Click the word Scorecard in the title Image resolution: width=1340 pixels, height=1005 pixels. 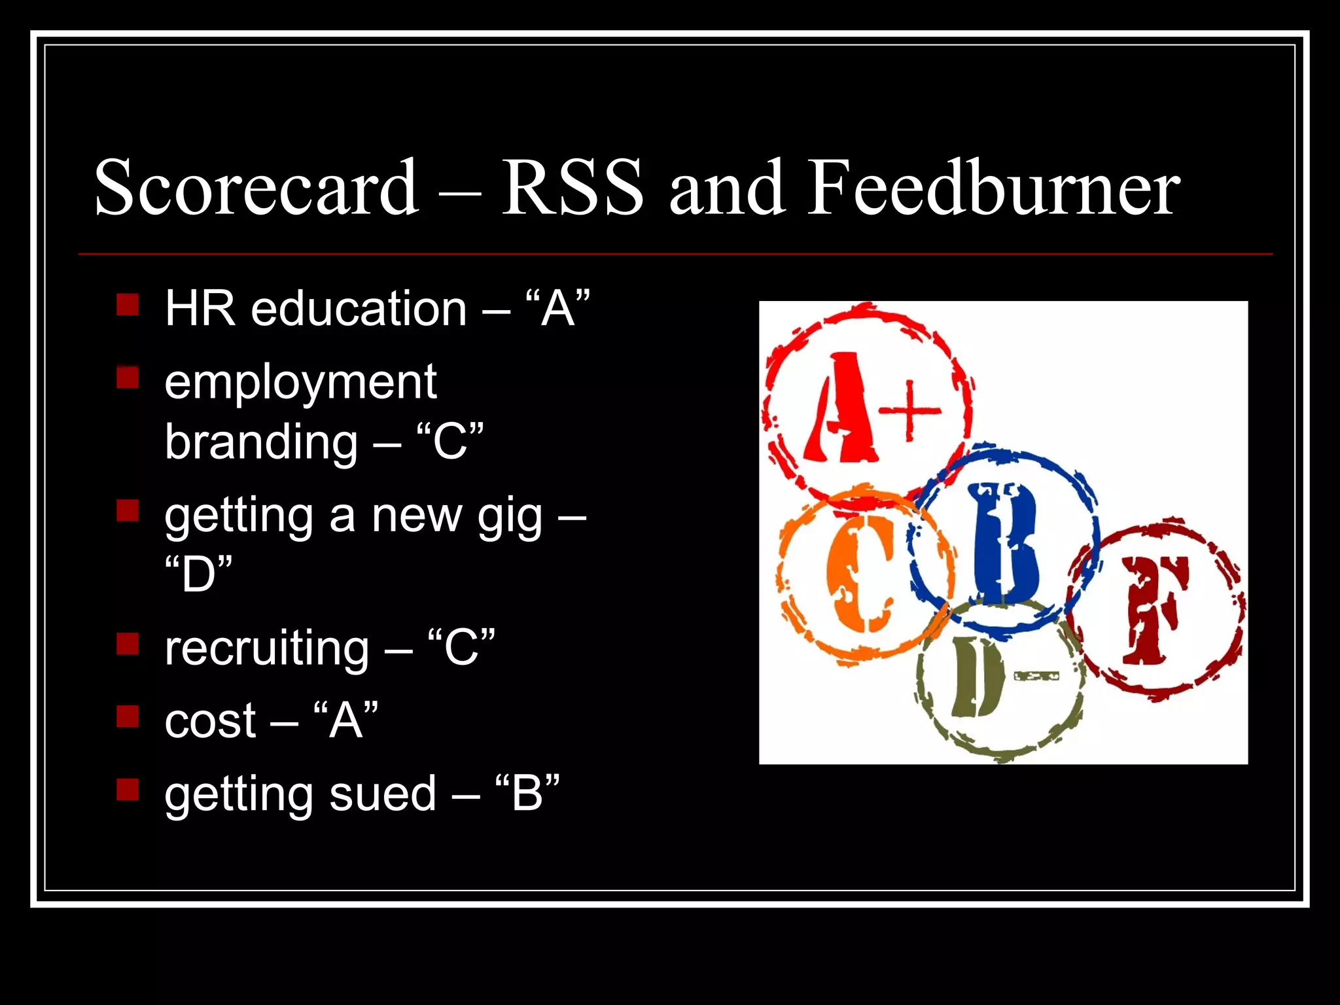click(x=256, y=188)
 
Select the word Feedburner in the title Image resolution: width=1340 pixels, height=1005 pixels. click(x=993, y=188)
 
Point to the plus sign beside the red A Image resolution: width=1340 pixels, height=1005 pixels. click(x=909, y=411)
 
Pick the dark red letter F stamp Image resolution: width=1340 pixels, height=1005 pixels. click(x=1155, y=610)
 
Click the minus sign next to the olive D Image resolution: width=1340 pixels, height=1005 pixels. click(x=1035, y=675)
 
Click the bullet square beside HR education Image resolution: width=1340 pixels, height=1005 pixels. click(x=128, y=305)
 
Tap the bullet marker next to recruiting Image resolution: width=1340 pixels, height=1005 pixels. click(x=128, y=644)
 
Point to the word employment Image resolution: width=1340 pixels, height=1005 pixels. click(x=300, y=383)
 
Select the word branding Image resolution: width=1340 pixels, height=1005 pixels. click(x=261, y=442)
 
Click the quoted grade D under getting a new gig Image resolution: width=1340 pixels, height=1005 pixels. click(x=199, y=574)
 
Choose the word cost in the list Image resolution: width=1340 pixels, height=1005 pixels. click(x=210, y=722)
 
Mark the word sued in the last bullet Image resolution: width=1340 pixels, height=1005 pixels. click(x=382, y=794)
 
